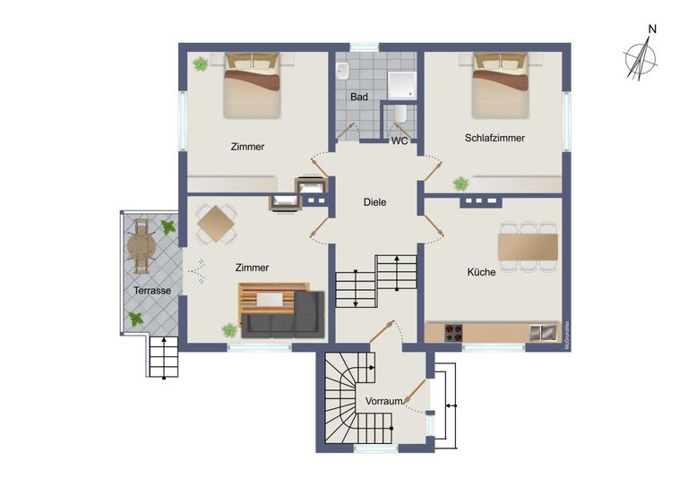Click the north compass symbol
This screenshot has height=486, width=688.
click(x=641, y=56)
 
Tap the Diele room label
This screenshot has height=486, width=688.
click(x=374, y=202)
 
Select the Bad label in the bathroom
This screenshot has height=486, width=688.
click(x=359, y=96)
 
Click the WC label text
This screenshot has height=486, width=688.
click(x=400, y=141)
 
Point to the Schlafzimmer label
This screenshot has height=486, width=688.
click(x=494, y=138)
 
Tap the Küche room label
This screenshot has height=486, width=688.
click(x=481, y=271)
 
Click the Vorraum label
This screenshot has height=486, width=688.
click(x=383, y=402)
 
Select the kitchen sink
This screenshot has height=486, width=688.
click(x=542, y=333)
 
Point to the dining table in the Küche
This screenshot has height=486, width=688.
click(x=528, y=245)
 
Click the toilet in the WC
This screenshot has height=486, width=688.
click(x=400, y=115)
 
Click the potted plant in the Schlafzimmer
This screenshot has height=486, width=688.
click(x=460, y=183)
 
